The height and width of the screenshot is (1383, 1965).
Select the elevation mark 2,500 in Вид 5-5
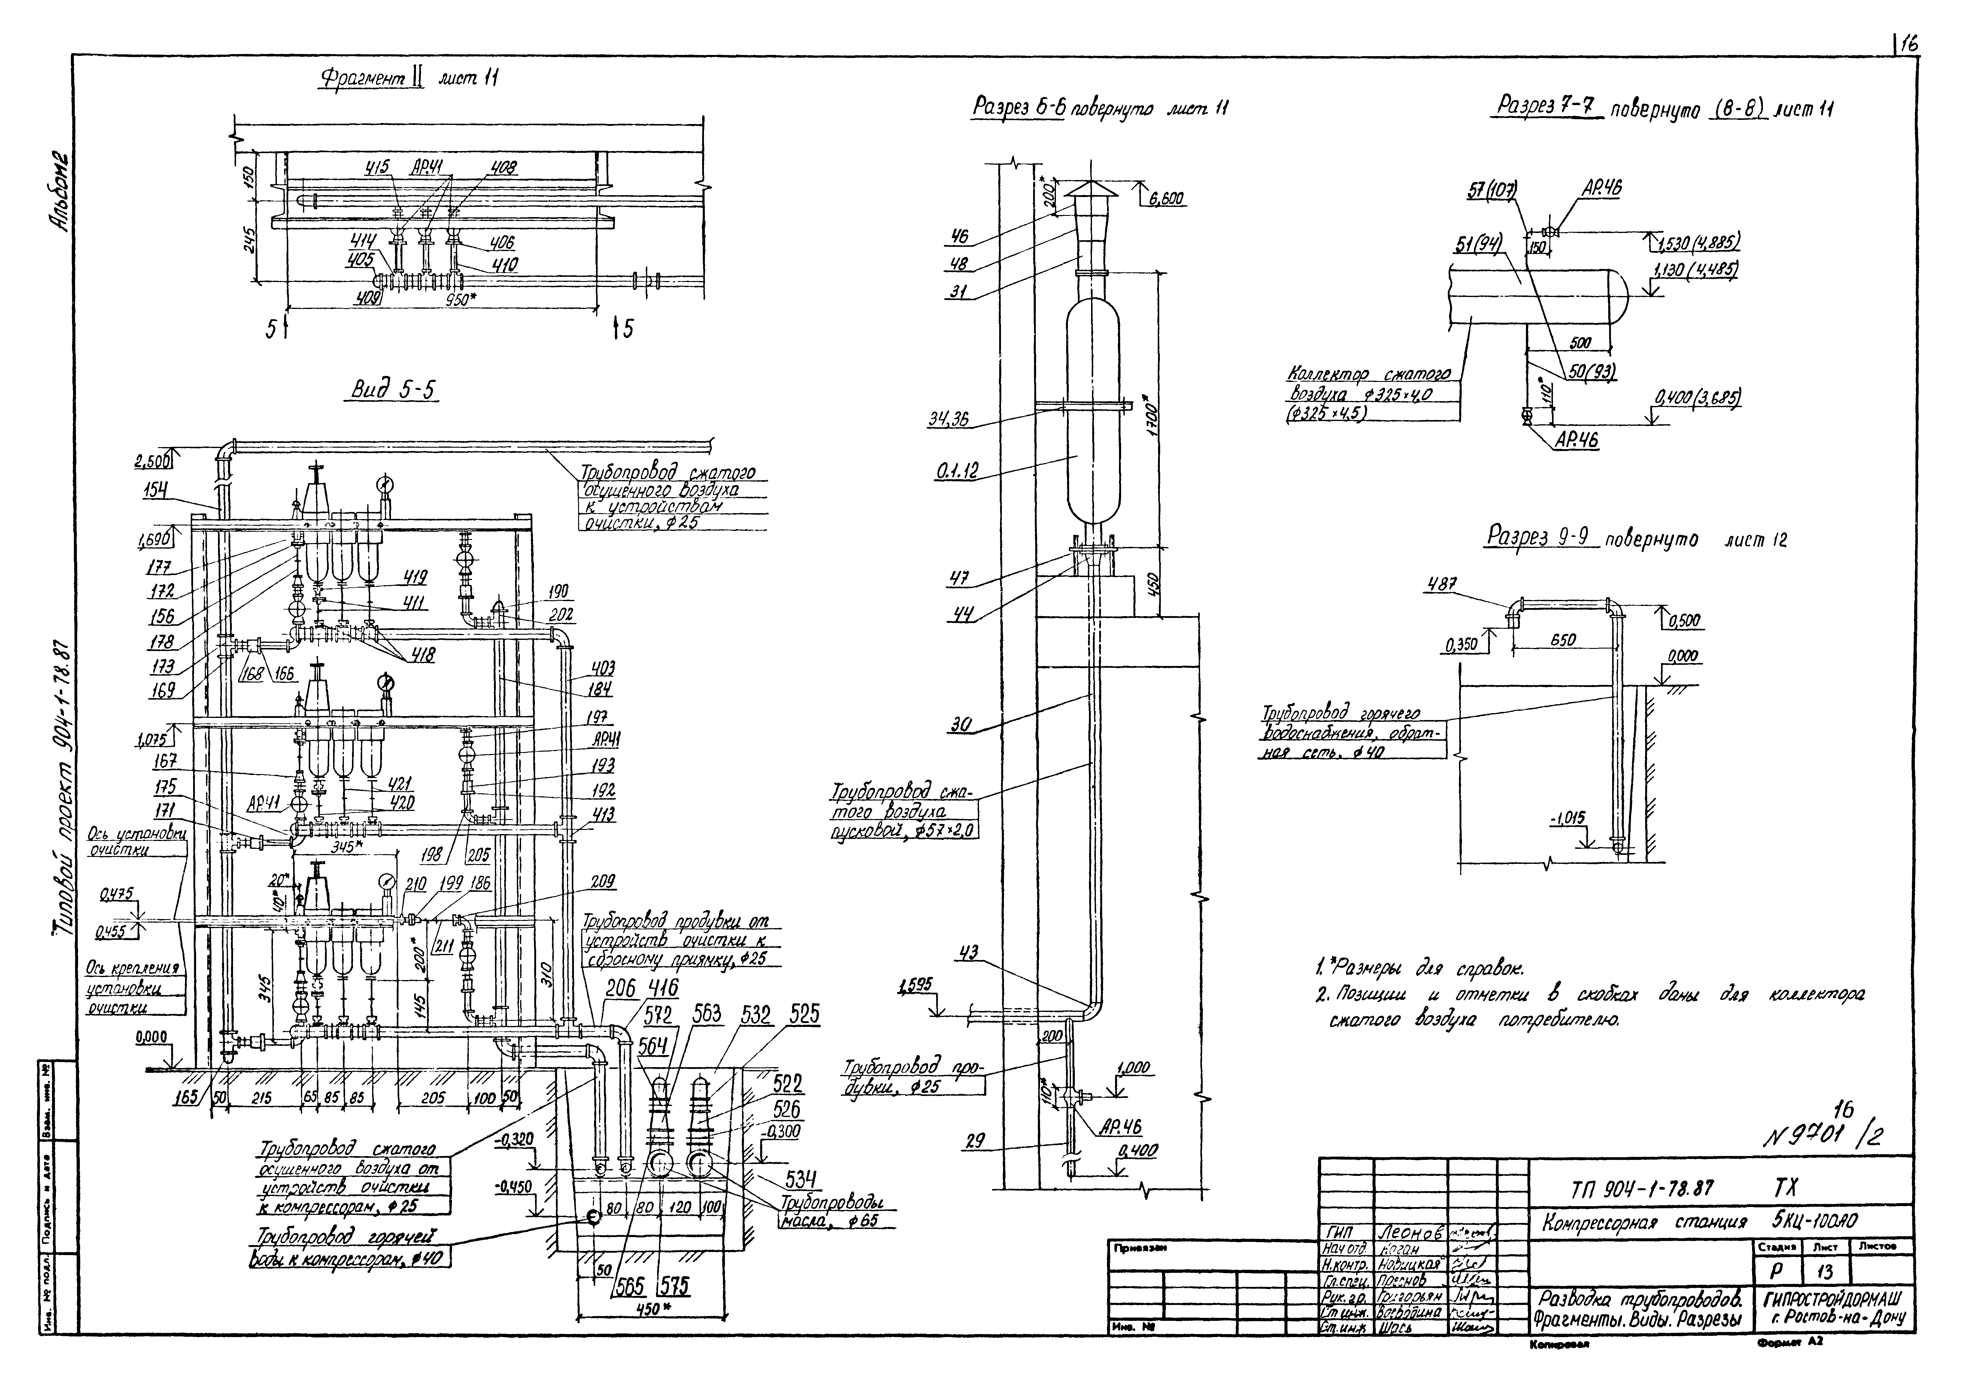pos(151,461)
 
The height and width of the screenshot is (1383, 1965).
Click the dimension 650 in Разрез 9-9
pos(1563,640)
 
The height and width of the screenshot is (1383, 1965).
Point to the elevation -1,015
pos(1568,819)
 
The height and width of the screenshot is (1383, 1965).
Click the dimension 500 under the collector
pos(1580,343)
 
